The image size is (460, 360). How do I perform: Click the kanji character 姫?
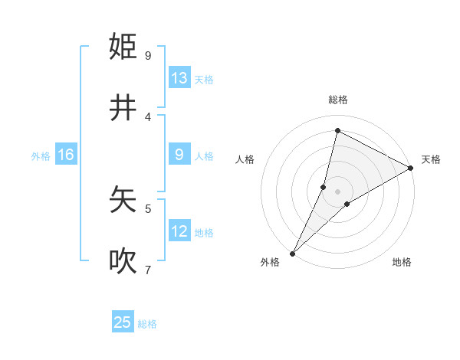coord(123,47)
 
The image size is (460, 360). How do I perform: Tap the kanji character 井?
coord(123,108)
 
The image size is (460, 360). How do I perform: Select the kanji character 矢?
coord(123,200)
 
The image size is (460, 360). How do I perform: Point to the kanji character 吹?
coord(123,261)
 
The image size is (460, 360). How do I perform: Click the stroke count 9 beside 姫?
coord(148,55)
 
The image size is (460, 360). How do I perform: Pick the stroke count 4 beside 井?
coord(148,116)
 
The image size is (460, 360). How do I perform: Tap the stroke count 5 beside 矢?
coord(148,208)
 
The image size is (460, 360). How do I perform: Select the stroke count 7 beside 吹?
coord(148,270)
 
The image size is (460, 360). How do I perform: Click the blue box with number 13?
coord(179,78)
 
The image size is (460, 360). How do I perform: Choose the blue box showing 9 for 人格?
coord(179,155)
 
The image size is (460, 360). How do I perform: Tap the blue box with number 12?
coord(179,231)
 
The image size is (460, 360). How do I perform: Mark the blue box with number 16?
coord(66,155)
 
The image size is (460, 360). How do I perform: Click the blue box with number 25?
coord(123,322)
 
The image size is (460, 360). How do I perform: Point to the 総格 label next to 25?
coord(147,324)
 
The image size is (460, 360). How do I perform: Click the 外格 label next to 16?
coord(41,156)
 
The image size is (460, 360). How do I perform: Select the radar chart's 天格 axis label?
coord(431,159)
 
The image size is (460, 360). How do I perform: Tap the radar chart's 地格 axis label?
coord(402,263)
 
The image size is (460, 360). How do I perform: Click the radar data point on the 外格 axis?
coord(292,253)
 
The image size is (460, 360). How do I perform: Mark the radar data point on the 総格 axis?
coord(337,130)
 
